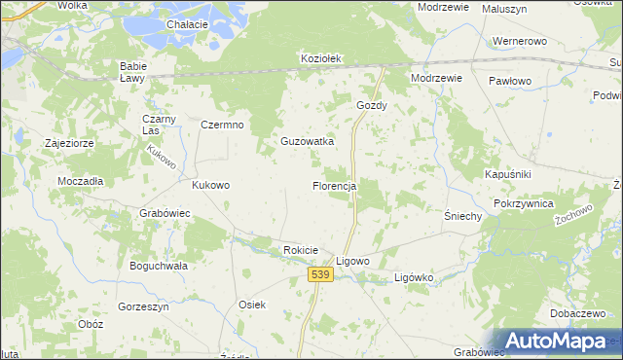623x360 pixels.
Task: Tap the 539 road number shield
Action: click(x=322, y=276)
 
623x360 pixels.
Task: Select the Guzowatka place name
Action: click(x=308, y=141)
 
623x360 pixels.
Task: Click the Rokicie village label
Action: click(x=301, y=250)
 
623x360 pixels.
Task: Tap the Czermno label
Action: click(x=222, y=125)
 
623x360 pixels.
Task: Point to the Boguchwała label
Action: click(x=158, y=265)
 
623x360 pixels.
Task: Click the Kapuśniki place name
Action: click(x=506, y=173)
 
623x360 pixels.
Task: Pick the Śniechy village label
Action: click(x=463, y=216)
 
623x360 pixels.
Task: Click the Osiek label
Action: click(x=252, y=305)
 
